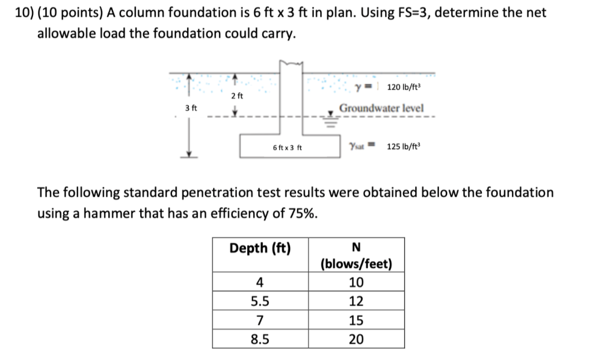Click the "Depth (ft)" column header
260,248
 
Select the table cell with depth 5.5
260,301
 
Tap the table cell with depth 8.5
260,339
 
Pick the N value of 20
356,339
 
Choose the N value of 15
356,320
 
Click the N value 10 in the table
356,282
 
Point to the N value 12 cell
356,301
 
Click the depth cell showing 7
260,320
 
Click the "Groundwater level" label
381,108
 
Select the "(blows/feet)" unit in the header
356,265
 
